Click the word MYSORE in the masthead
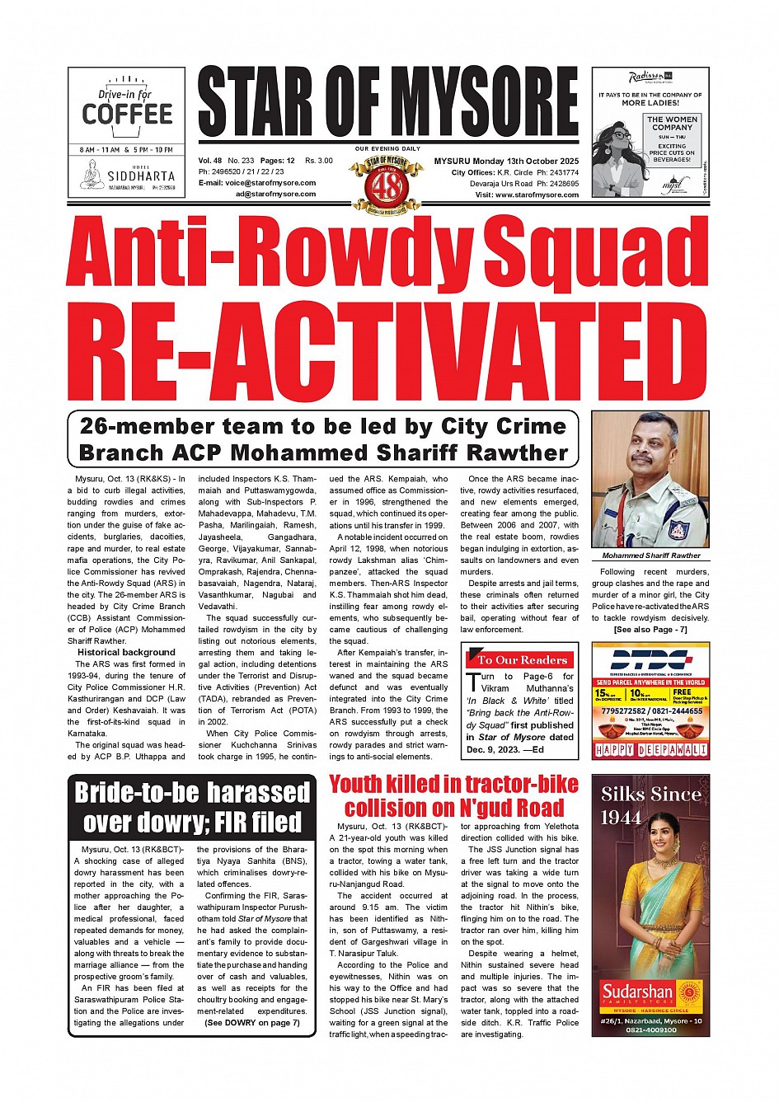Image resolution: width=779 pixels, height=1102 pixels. pyautogui.click(x=484, y=103)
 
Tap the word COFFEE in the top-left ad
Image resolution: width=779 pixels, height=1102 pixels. pyautogui.click(x=127, y=114)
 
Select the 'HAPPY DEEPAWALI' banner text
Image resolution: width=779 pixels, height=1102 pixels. pyautogui.click(x=650, y=750)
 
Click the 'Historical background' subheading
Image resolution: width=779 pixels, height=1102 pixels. pyautogui.click(x=127, y=652)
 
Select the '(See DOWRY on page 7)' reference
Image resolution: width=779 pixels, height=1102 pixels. pyautogui.click(x=252, y=1023)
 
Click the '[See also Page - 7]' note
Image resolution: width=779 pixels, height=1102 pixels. pyautogui.click(x=650, y=630)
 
